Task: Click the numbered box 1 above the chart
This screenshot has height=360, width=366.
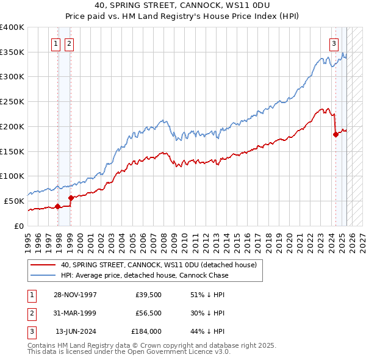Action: click(56, 43)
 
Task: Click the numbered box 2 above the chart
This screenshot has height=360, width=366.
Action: click(69, 43)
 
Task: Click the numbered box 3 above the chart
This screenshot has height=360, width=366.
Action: click(334, 43)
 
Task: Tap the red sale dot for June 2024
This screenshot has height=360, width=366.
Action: click(335, 135)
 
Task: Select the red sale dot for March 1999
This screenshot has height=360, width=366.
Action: click(71, 198)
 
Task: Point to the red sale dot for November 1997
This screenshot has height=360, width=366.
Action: click(57, 206)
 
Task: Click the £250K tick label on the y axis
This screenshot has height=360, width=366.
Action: click(12, 102)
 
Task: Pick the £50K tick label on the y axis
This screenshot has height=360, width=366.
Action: click(14, 201)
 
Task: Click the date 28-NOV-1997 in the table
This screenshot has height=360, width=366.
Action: click(75, 295)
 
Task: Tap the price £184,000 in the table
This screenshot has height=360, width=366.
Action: click(146, 333)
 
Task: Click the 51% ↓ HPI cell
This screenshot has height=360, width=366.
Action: click(204, 295)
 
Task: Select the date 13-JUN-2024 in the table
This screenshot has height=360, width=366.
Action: click(75, 333)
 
